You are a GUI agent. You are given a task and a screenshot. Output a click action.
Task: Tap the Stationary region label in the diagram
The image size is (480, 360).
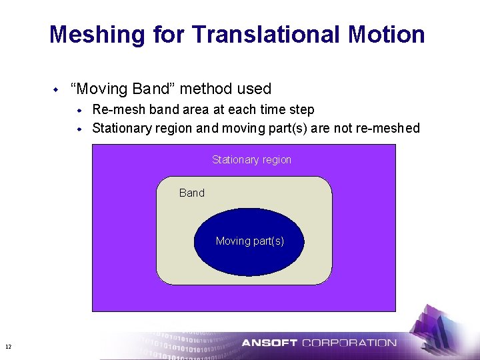pyautogui.click(x=251, y=160)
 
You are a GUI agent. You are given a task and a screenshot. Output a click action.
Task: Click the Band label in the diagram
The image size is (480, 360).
pyautogui.click(x=192, y=193)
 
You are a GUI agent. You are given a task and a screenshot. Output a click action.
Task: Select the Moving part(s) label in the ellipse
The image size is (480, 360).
pyautogui.click(x=250, y=241)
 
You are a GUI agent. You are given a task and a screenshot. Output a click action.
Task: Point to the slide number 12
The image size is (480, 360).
pyautogui.click(x=8, y=347)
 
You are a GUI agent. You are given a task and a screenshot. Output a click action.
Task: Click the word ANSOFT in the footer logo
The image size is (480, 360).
pyautogui.click(x=269, y=343)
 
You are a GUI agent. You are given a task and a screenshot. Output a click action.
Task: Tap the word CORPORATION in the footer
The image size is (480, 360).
pyautogui.click(x=349, y=343)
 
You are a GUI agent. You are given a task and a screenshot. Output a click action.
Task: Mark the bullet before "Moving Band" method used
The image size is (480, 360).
pyautogui.click(x=56, y=89)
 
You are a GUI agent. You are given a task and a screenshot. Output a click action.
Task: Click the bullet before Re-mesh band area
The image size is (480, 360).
pyautogui.click(x=79, y=110)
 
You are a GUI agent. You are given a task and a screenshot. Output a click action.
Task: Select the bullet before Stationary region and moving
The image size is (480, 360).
pyautogui.click(x=79, y=128)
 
